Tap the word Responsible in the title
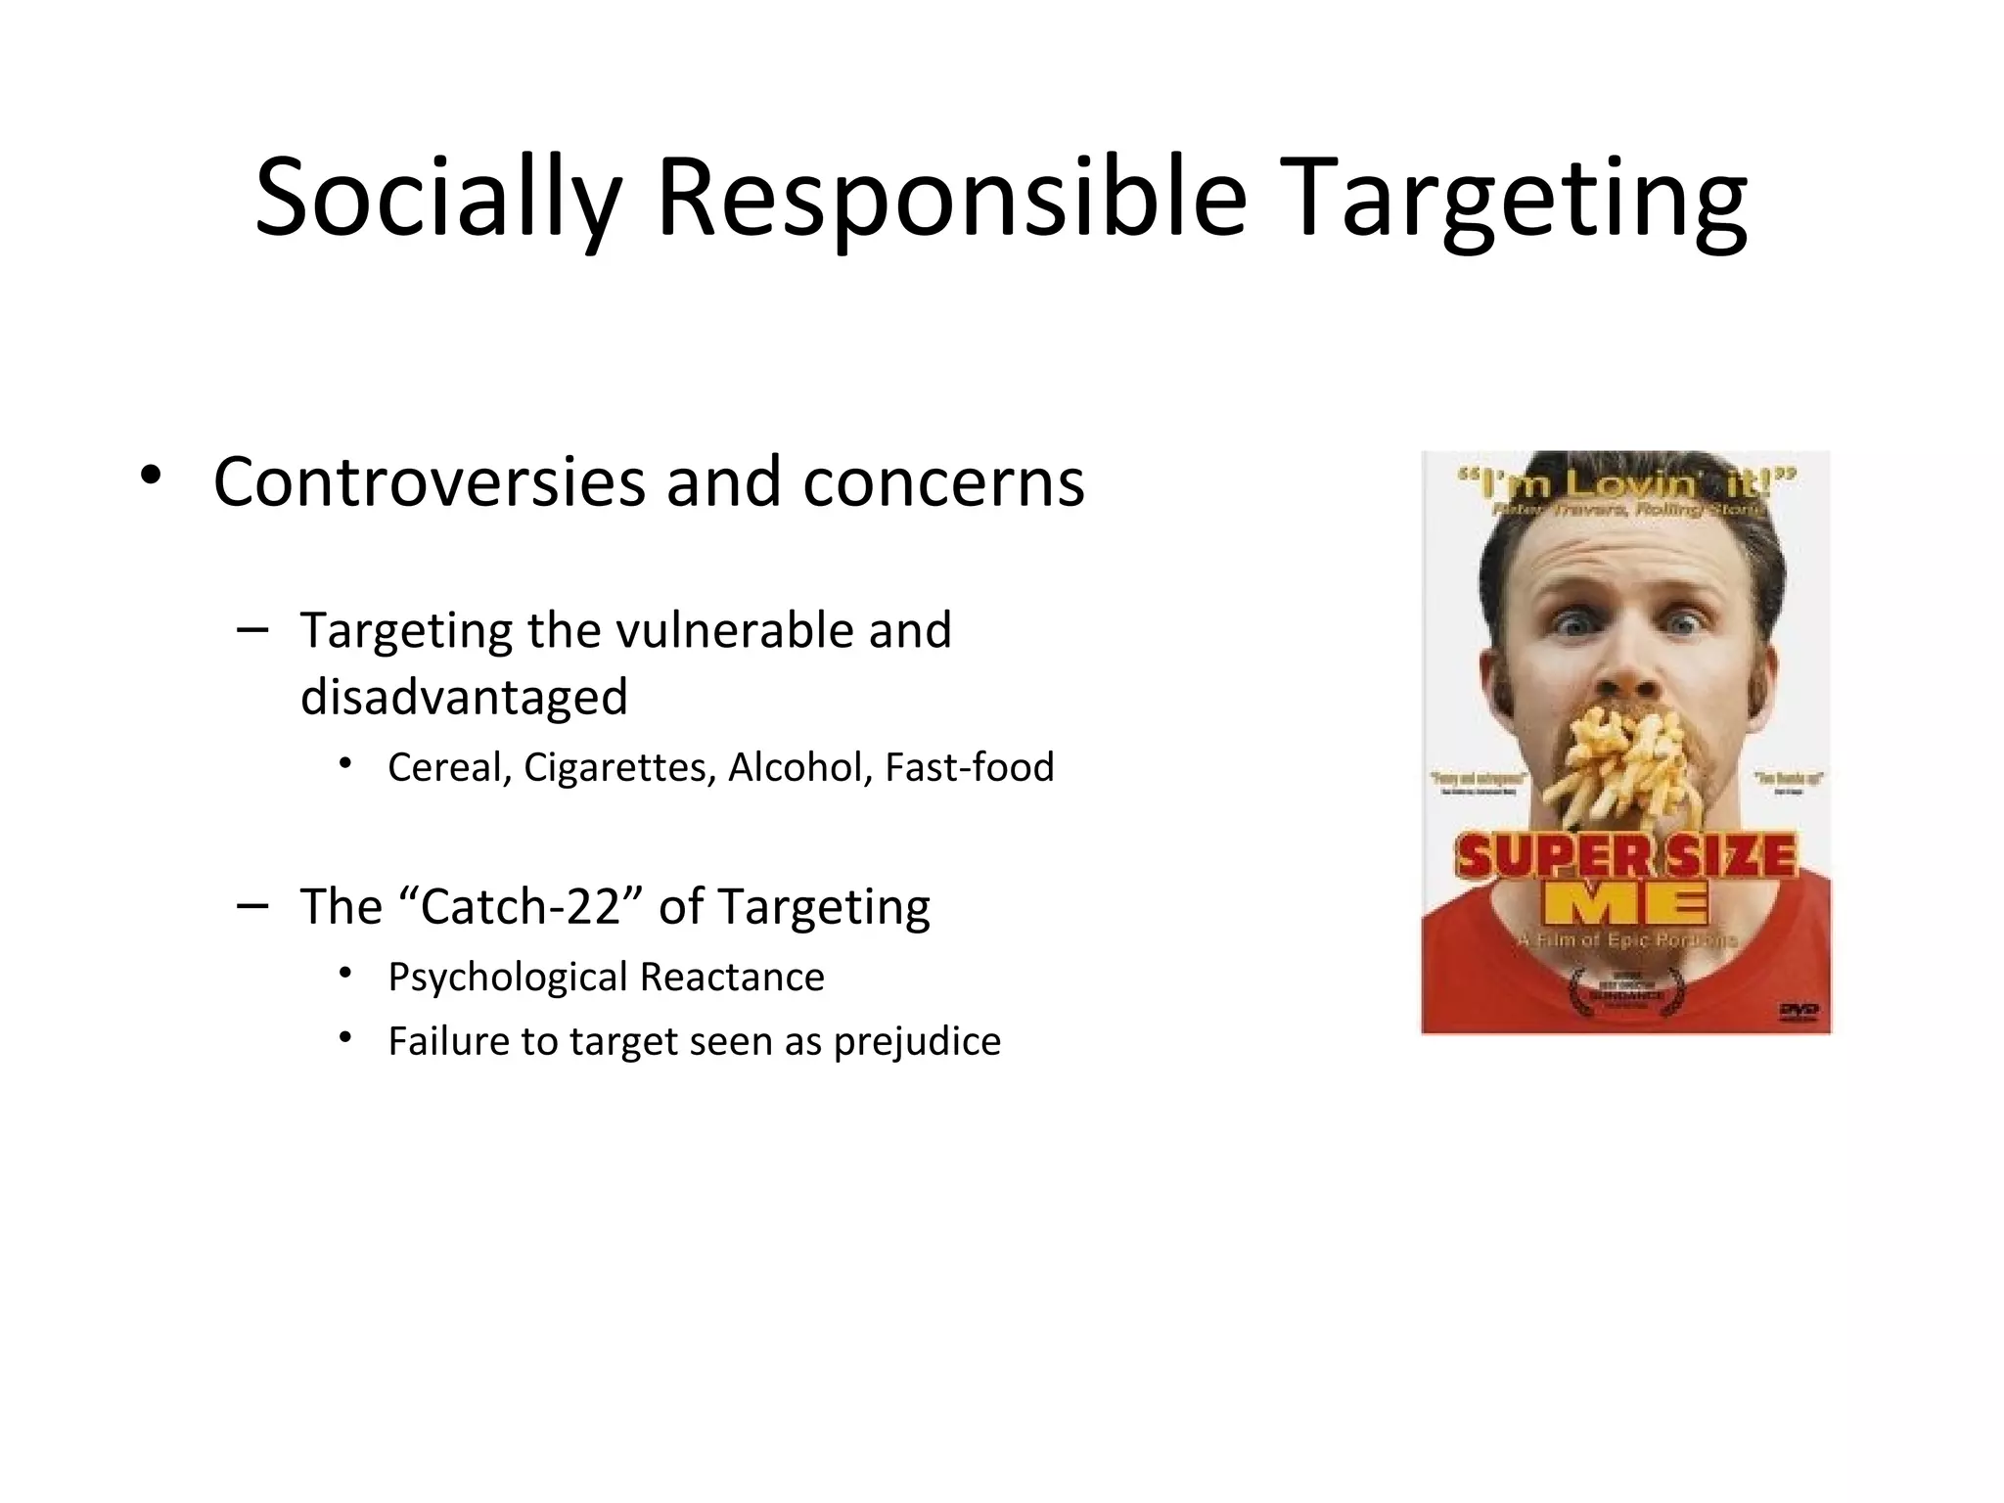[951, 201]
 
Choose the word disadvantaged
[464, 697]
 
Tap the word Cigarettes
[619, 767]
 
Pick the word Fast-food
[969, 767]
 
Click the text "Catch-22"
[521, 906]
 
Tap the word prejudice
[917, 1041]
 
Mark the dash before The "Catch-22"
[251, 905]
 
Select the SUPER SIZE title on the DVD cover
[1626, 857]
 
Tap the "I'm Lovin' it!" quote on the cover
[1626, 482]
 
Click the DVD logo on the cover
[1797, 1010]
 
